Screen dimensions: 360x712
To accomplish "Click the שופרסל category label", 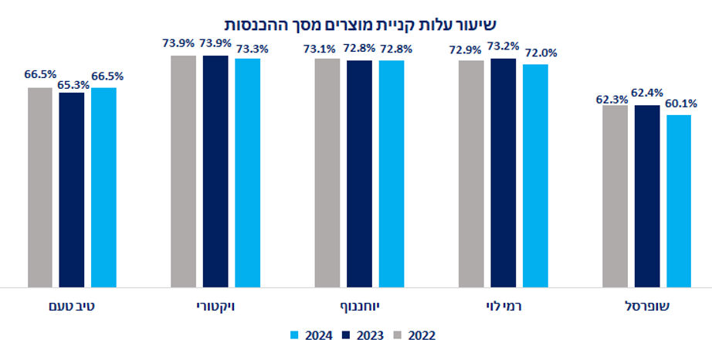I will click(646, 307).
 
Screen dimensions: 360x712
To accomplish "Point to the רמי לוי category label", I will click(503, 307).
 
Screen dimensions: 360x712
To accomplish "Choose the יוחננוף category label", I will click(359, 307).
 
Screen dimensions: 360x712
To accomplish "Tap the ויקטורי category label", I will click(215, 307).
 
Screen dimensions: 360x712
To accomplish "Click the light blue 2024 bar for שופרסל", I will click(679, 201).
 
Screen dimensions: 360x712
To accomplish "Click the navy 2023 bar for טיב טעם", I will click(72, 190).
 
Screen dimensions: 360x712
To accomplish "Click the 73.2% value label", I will click(503, 46).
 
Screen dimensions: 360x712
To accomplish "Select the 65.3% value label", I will click(72, 81).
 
